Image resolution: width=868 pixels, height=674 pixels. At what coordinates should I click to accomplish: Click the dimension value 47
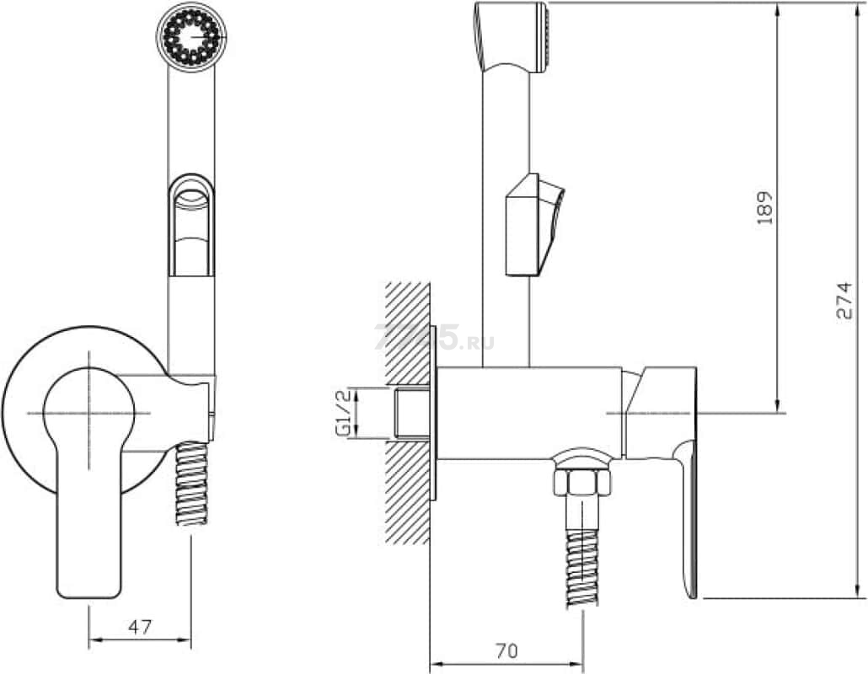(140, 628)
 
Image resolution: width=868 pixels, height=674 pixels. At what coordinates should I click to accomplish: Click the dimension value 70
(506, 650)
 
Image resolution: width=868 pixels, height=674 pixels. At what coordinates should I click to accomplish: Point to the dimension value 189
(764, 207)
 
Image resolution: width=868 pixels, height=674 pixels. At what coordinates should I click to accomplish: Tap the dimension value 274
(844, 301)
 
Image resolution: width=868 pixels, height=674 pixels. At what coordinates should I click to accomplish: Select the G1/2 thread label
(344, 414)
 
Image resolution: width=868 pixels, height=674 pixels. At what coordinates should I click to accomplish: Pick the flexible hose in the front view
(191, 483)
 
